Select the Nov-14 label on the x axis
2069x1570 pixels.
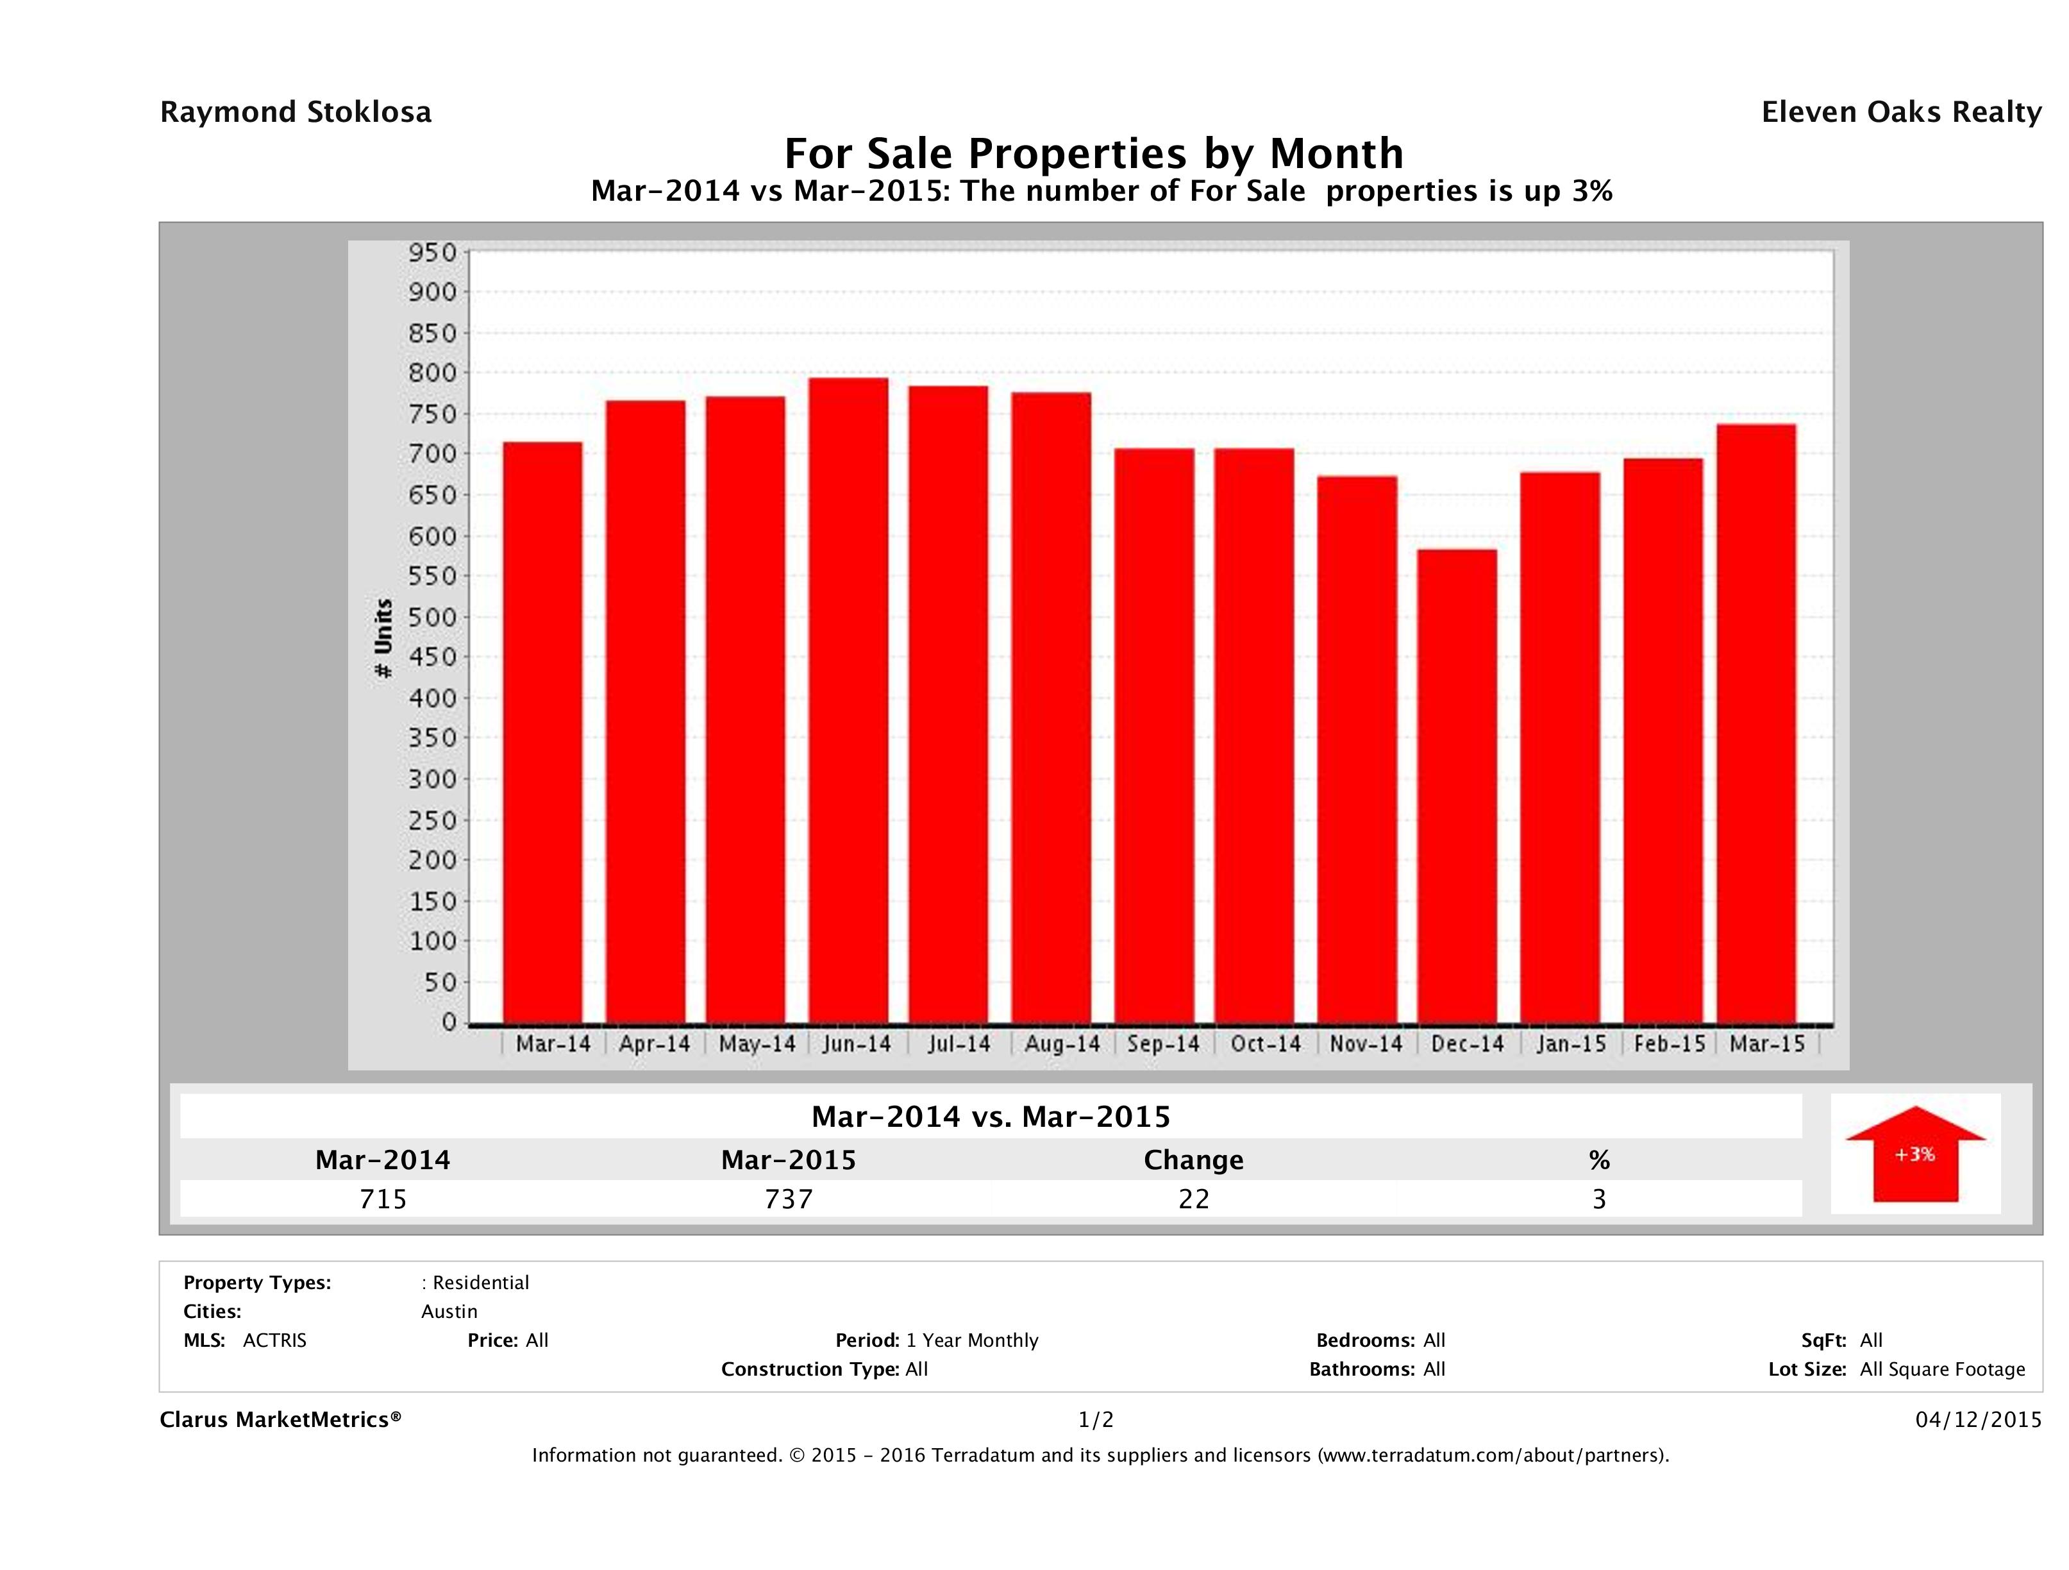pos(1366,1044)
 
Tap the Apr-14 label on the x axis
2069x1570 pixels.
pos(654,1044)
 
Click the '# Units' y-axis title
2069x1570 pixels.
pos(383,638)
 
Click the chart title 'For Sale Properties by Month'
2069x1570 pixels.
pos(1093,153)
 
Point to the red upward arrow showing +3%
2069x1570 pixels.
pos(1914,1154)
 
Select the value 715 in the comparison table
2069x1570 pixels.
pos(383,1199)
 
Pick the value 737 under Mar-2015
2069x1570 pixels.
pos(789,1199)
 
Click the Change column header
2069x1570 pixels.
pos(1194,1160)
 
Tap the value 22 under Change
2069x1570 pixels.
pos(1194,1199)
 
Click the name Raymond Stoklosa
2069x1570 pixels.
pos(296,112)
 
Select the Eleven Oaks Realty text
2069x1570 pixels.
pos(1900,112)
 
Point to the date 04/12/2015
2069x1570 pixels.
pos(1978,1419)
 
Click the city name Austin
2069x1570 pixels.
pos(449,1312)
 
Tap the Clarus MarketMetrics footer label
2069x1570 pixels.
pos(281,1419)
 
